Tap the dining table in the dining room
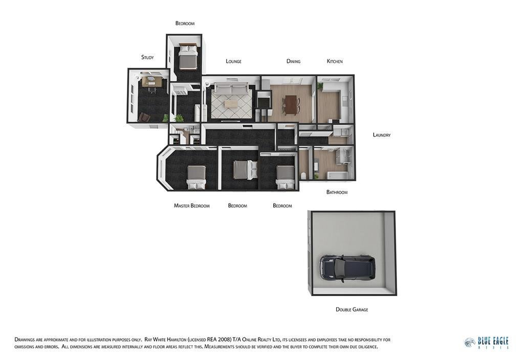[291, 104]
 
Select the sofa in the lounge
[231, 89]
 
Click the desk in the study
[152, 82]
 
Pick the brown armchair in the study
[145, 117]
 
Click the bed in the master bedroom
[196, 177]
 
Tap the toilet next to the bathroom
[304, 176]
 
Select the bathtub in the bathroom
[336, 175]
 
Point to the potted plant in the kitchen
[320, 86]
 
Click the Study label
[147, 57]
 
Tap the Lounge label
[233, 61]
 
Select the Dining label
[293, 61]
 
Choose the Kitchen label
[335, 61]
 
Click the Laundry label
[382, 135]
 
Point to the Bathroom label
[337, 192]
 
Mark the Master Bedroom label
[192, 206]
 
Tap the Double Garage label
[352, 309]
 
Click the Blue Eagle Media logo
[487, 343]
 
